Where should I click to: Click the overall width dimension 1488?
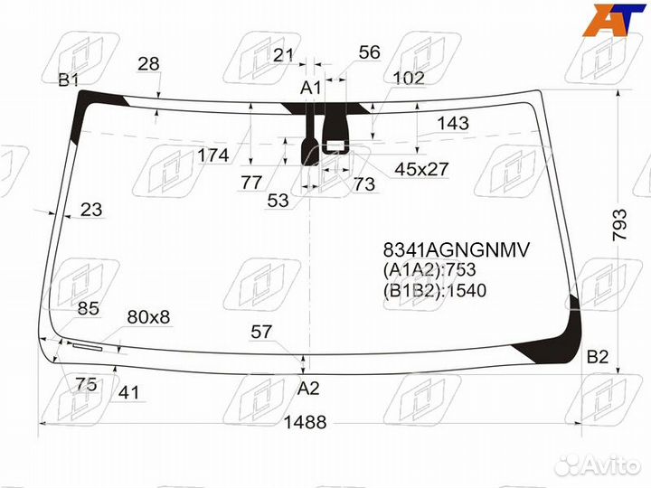pyautogui.click(x=304, y=423)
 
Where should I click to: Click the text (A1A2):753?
pyautogui.click(x=429, y=270)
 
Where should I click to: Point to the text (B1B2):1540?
pyautogui.click(x=435, y=290)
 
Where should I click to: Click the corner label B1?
pyautogui.click(x=69, y=80)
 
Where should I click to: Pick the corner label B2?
pyautogui.click(x=598, y=356)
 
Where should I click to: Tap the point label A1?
pyautogui.click(x=311, y=88)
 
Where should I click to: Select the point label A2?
pyautogui.click(x=309, y=389)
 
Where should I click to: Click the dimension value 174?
pyautogui.click(x=213, y=155)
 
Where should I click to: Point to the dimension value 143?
pyautogui.click(x=453, y=123)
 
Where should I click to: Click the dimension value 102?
pyautogui.click(x=409, y=79)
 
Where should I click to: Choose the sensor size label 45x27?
pyautogui.click(x=421, y=168)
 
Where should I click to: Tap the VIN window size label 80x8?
pyautogui.click(x=148, y=317)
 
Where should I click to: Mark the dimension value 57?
pyautogui.click(x=261, y=333)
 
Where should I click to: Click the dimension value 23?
pyautogui.click(x=91, y=211)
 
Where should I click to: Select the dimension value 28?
pyautogui.click(x=148, y=63)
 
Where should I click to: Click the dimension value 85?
pyautogui.click(x=88, y=309)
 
